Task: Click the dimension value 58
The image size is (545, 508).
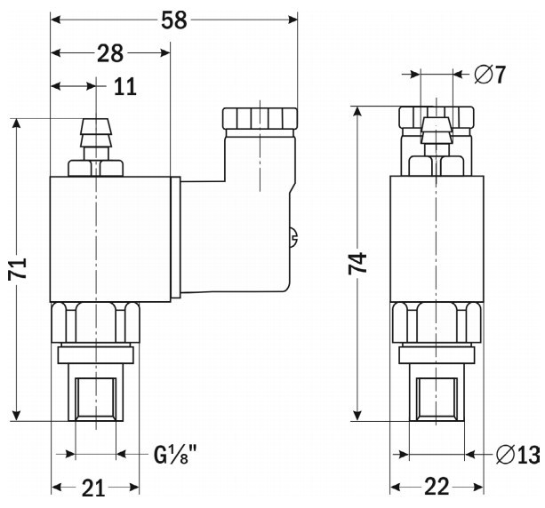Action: [x=174, y=19]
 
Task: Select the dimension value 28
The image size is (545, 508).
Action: [x=110, y=53]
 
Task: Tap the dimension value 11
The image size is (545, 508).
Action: [x=125, y=87]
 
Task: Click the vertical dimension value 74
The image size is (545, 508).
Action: [x=357, y=265]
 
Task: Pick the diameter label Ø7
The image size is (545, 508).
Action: [x=490, y=75]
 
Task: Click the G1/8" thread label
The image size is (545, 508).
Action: [x=175, y=456]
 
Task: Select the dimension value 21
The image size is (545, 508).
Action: [x=94, y=488]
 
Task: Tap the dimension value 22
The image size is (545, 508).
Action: [x=436, y=488]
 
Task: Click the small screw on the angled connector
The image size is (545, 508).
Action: [x=294, y=236]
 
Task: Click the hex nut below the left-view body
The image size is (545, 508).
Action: [x=94, y=321]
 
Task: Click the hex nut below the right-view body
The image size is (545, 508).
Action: [x=437, y=321]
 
